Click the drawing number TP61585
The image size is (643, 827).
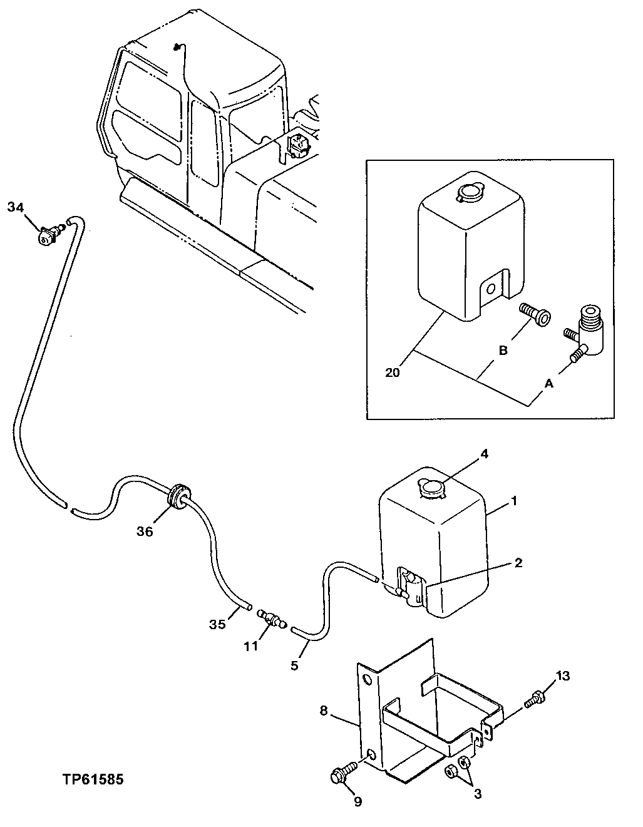tap(93, 780)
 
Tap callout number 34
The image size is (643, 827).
tap(18, 207)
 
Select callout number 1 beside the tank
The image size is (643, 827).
tap(513, 501)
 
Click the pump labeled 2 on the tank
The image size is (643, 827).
tap(409, 585)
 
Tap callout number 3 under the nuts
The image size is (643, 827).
tap(478, 795)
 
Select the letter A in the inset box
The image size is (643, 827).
tap(549, 384)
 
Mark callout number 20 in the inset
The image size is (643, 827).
tap(393, 374)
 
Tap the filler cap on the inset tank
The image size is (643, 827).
tap(468, 192)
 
